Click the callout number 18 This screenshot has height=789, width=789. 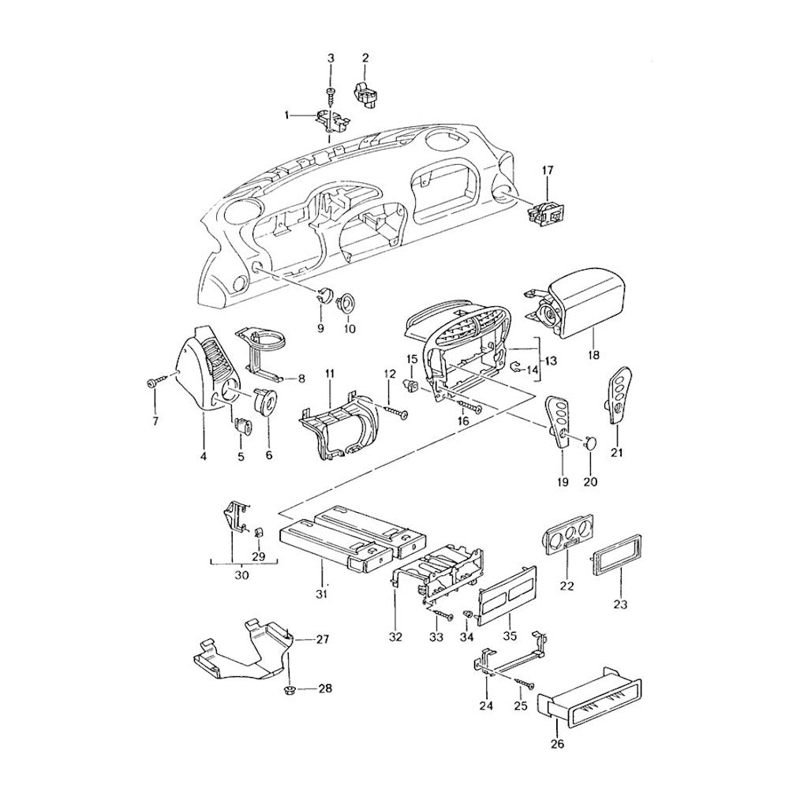(x=594, y=355)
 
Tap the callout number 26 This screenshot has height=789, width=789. (x=558, y=757)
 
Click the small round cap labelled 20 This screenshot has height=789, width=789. (x=591, y=443)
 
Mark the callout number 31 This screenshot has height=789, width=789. (x=322, y=594)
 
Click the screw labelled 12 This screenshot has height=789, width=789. (x=395, y=410)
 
